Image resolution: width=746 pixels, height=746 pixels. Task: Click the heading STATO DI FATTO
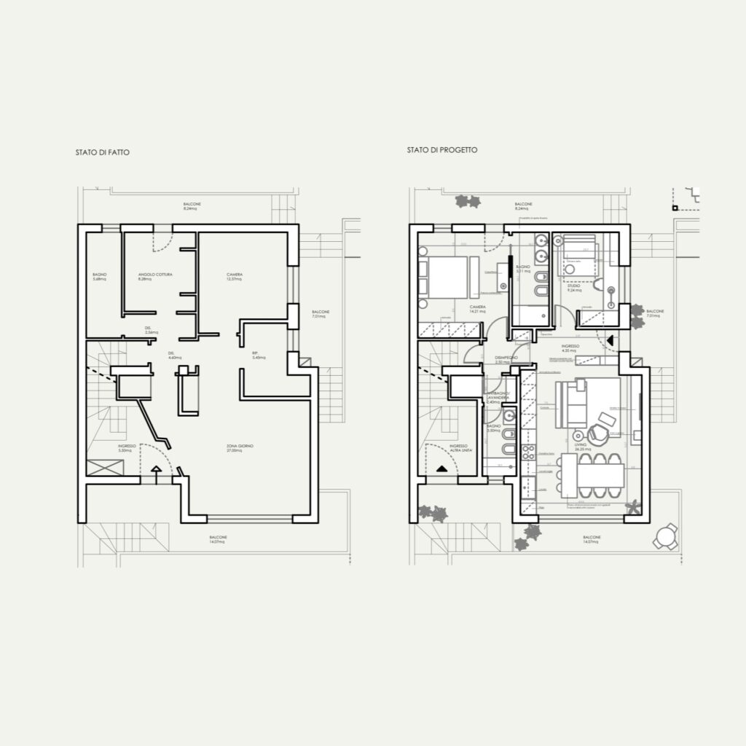pyautogui.click(x=102, y=154)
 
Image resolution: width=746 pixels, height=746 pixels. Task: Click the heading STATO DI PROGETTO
pyautogui.click(x=442, y=150)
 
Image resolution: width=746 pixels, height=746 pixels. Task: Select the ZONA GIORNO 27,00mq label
pyautogui.click(x=240, y=448)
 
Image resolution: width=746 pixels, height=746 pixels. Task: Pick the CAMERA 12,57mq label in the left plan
pyautogui.click(x=234, y=277)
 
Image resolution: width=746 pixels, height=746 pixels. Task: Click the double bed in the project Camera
pyautogui.click(x=447, y=278)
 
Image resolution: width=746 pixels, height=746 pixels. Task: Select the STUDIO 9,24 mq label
pyautogui.click(x=574, y=288)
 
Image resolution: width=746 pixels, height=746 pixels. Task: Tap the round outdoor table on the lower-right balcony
pyautogui.click(x=665, y=537)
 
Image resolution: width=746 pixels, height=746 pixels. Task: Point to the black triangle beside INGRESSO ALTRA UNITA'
pyautogui.click(x=442, y=470)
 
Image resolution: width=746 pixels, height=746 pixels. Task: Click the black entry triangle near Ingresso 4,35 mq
pyautogui.click(x=610, y=339)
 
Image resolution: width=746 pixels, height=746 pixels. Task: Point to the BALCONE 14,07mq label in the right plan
pyautogui.click(x=591, y=540)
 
